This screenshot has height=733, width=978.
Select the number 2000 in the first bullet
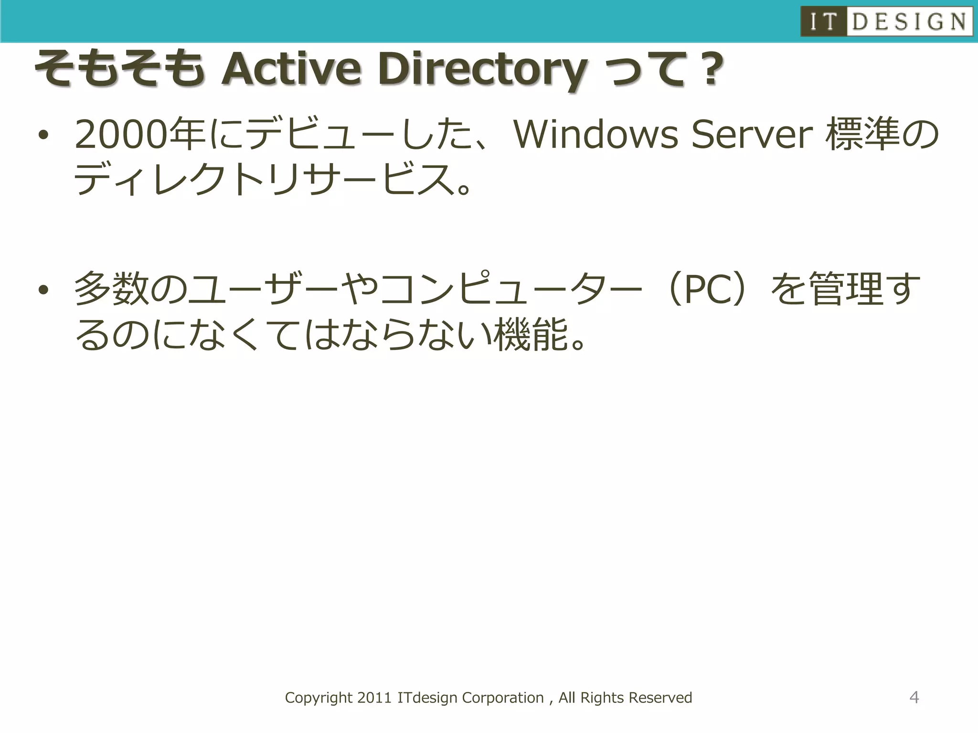click(x=122, y=135)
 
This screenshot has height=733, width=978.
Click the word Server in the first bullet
click(x=752, y=134)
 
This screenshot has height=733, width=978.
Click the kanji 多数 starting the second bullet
click(x=112, y=289)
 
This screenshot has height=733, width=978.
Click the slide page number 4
click(x=914, y=697)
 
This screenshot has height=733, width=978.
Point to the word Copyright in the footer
click(x=319, y=698)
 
